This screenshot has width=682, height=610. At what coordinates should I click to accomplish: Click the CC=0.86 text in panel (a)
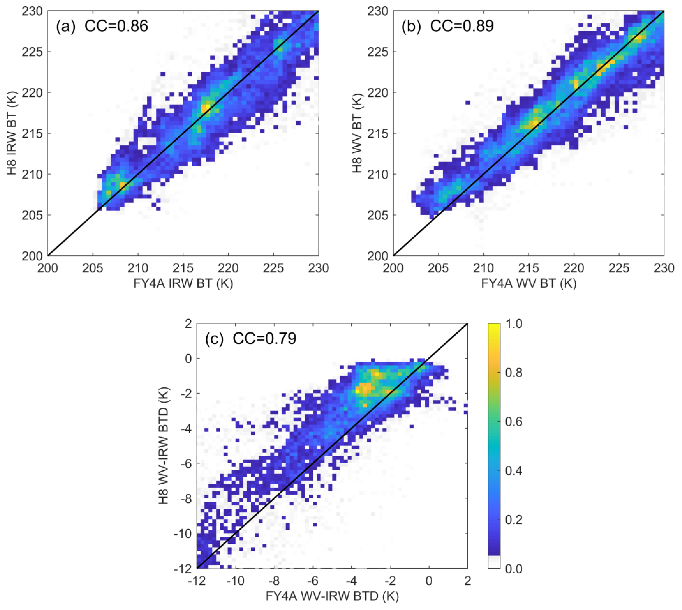pos(116,26)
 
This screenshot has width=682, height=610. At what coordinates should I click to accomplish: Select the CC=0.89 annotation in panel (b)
pos(462,26)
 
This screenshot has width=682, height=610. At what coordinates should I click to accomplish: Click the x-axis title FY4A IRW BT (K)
pos(183,284)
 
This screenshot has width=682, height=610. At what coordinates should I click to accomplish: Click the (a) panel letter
pos(66,26)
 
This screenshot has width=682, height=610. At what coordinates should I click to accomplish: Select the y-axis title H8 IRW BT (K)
pos(12,133)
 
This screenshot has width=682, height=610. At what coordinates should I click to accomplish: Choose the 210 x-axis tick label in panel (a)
pos(138,268)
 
